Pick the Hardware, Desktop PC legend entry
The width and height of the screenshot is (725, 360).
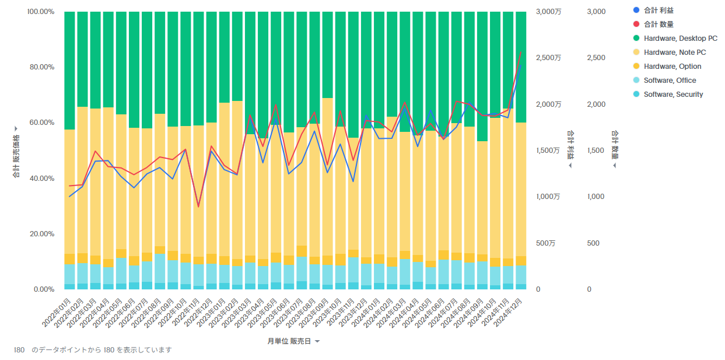point(680,39)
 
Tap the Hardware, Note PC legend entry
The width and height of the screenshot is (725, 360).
point(674,53)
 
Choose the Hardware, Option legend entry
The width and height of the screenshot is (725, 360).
point(672,67)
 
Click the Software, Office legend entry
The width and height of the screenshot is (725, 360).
point(670,81)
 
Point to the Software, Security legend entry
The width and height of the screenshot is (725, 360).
point(673,95)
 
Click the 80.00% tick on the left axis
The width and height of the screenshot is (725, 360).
point(41,67)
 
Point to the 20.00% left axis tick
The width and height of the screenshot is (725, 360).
point(41,234)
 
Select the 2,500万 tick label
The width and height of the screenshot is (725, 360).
point(548,58)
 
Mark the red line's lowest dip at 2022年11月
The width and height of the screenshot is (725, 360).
point(198,207)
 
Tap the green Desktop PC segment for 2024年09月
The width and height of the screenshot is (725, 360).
point(482,76)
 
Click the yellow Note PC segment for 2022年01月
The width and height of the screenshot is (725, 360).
point(69,193)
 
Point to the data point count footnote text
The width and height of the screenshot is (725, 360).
point(93,350)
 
